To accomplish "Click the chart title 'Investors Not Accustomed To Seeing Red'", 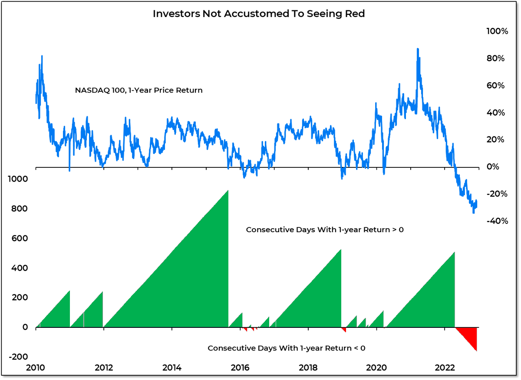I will click(x=259, y=14).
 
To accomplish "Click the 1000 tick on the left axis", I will click(x=18, y=179).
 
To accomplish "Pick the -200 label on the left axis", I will click(x=18, y=357).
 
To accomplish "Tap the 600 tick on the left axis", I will click(x=20, y=238).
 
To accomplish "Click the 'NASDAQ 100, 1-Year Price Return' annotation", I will click(x=139, y=90).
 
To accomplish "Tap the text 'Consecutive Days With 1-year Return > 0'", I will click(x=325, y=230).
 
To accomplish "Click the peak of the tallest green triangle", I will click(x=228, y=191).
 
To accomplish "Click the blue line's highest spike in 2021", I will click(x=417, y=49).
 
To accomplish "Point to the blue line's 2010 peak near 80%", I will click(x=42, y=56).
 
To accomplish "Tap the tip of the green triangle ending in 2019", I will click(x=341, y=250).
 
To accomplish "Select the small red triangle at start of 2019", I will click(x=344, y=330).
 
